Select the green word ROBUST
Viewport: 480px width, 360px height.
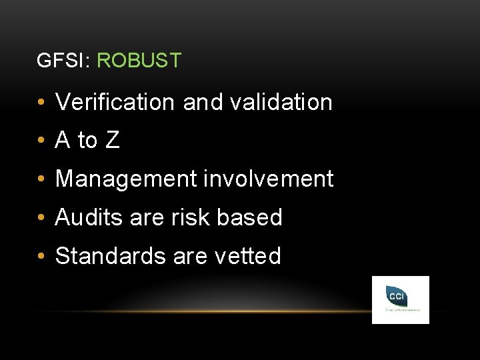(x=139, y=61)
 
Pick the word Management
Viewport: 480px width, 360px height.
(x=126, y=179)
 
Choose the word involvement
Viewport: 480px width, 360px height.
(x=268, y=179)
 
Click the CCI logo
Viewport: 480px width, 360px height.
(x=400, y=300)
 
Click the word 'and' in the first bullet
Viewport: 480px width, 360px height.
(x=199, y=102)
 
